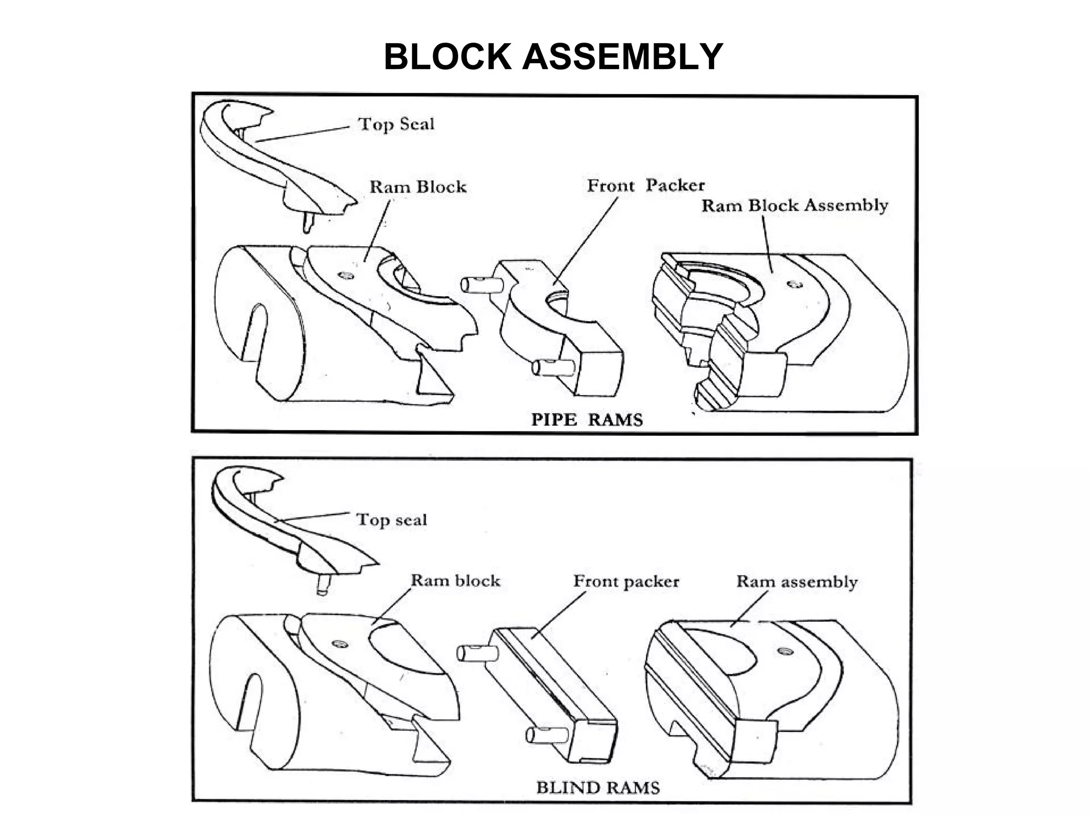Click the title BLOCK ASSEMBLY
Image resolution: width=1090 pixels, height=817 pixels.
(x=553, y=57)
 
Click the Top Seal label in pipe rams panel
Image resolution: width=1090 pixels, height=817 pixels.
(x=396, y=124)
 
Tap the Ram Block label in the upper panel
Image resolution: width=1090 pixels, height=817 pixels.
(x=418, y=187)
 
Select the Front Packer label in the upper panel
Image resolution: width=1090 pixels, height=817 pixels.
(x=645, y=186)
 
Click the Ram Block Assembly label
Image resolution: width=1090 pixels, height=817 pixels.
(x=794, y=206)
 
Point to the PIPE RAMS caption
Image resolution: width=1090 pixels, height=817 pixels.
(x=587, y=420)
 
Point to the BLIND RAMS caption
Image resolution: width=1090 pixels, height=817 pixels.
(x=597, y=787)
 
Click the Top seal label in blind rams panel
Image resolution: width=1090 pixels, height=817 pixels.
(x=391, y=520)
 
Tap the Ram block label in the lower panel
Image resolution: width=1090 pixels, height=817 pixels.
(x=455, y=580)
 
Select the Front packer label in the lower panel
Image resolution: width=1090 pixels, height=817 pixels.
(x=626, y=581)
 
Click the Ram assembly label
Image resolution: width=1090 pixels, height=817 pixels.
(x=796, y=582)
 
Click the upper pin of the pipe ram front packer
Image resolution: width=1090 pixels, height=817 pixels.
(x=480, y=285)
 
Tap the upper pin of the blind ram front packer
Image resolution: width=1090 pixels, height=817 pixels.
(x=476, y=653)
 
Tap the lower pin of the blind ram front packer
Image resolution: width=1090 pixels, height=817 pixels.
(x=546, y=735)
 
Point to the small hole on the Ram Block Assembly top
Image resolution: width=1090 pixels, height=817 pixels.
(x=797, y=285)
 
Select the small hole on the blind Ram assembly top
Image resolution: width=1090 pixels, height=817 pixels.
(x=784, y=651)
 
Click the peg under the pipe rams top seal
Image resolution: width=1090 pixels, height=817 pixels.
(x=308, y=222)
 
